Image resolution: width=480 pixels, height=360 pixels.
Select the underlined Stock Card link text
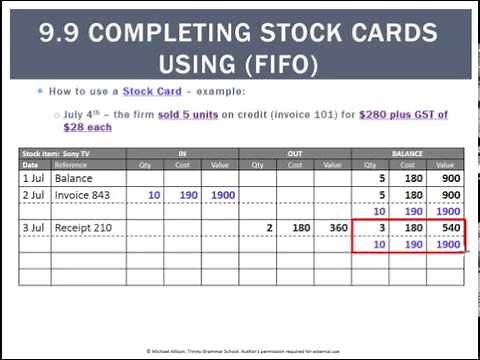[x=151, y=90]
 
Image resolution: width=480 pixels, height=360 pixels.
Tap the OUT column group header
[x=295, y=154]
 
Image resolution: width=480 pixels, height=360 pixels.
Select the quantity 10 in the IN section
[x=152, y=194]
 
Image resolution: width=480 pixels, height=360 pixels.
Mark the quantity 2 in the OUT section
[x=269, y=229]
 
